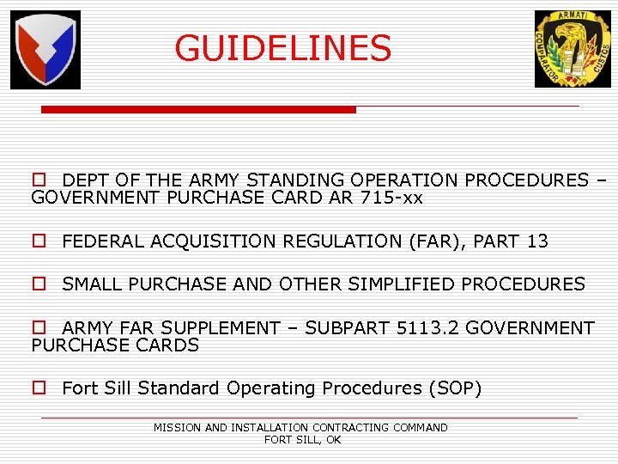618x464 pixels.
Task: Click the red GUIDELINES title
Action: [282, 48]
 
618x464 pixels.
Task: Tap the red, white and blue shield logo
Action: [45, 50]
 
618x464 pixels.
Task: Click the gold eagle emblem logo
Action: [573, 49]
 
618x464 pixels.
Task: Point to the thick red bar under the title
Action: [199, 110]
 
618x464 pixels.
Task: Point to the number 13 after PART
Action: [537, 241]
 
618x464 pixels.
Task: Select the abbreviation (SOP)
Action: [454, 388]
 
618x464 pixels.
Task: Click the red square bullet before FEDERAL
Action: [38, 241]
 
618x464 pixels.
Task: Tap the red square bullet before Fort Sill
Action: [38, 388]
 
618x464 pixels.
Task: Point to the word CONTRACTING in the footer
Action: [353, 427]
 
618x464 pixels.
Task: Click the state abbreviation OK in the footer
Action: [332, 439]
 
